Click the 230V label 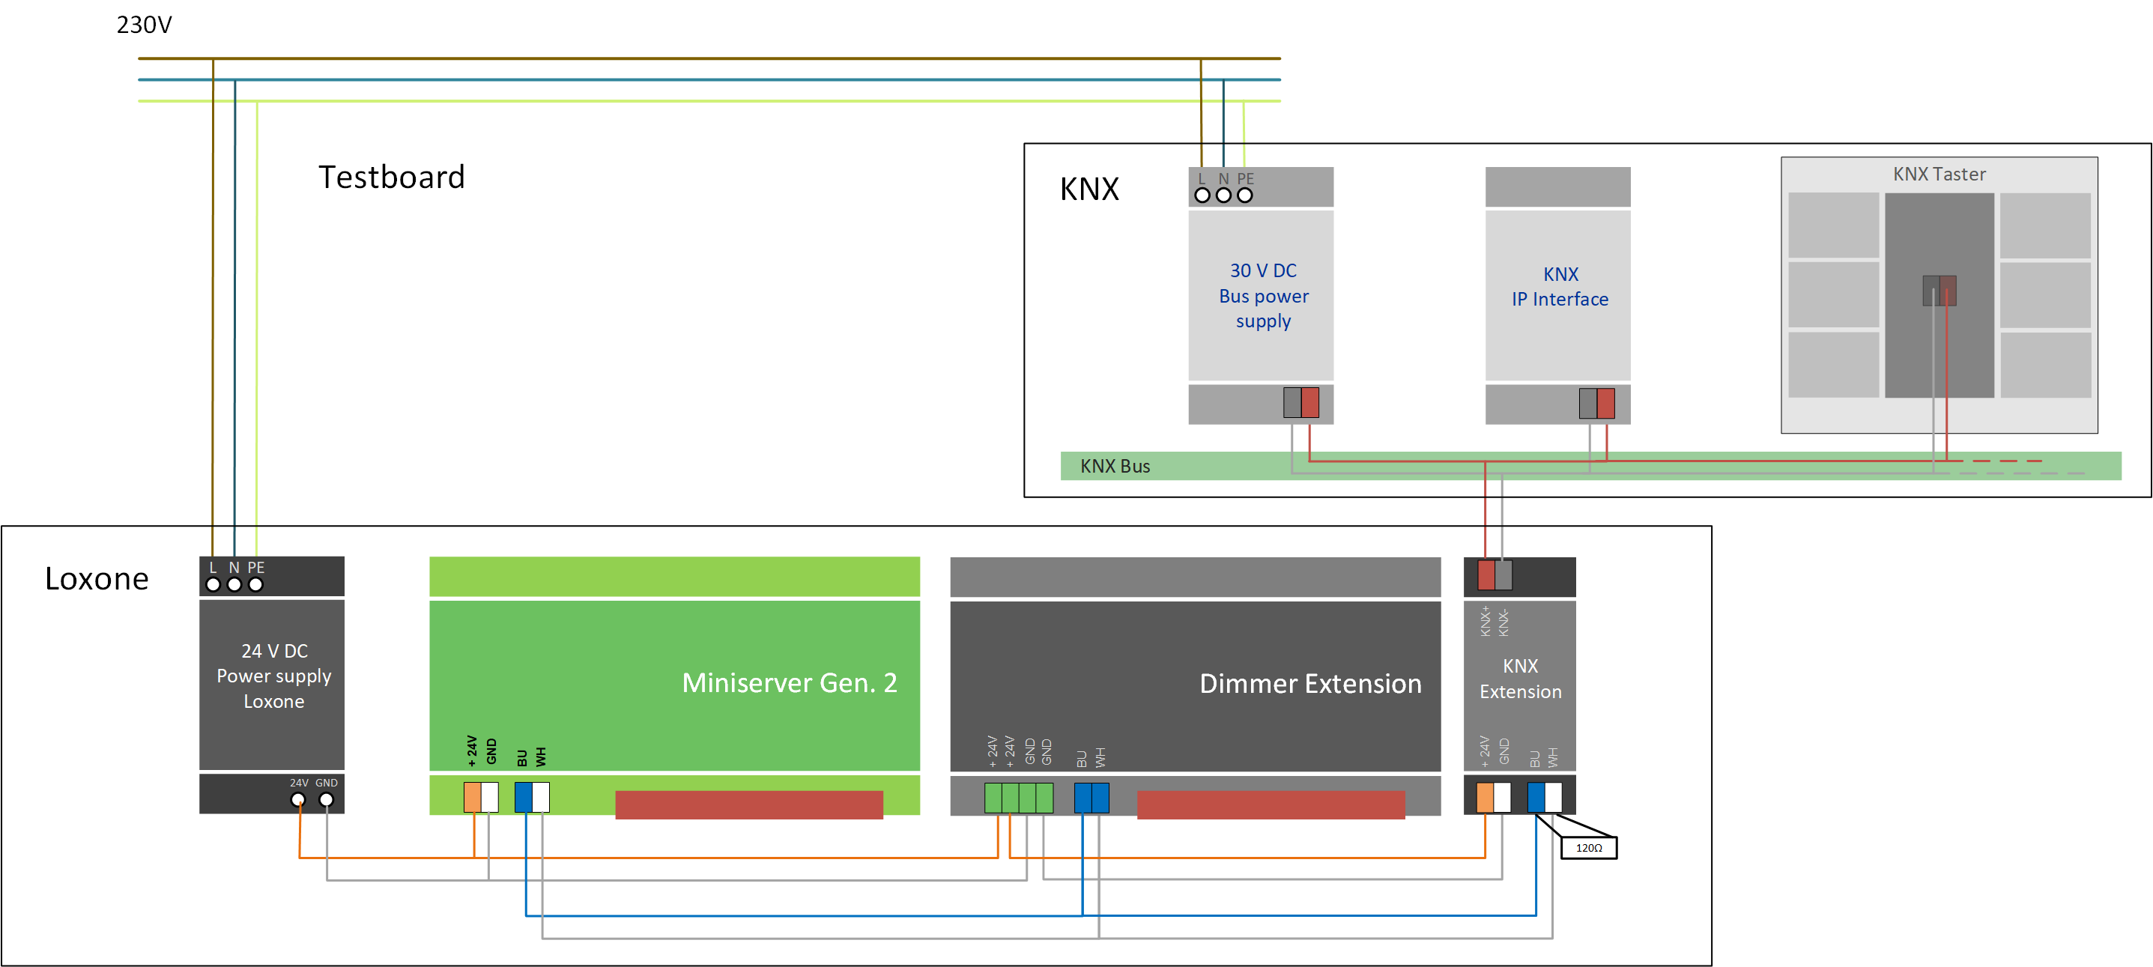[x=144, y=25]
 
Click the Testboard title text [x=391, y=178]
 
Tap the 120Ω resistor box [x=1588, y=847]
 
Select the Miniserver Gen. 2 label [x=789, y=683]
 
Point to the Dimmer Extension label [x=1309, y=684]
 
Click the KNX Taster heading [x=1938, y=174]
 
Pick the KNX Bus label [x=1114, y=467]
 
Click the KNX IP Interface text [x=1560, y=287]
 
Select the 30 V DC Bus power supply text [x=1263, y=296]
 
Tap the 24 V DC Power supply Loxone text [x=273, y=676]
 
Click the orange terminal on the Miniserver [x=472, y=797]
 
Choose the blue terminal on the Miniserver [x=523, y=797]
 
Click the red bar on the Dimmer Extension [x=1271, y=805]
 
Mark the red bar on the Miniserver [x=749, y=805]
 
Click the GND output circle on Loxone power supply [x=327, y=800]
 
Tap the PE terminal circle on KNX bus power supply [x=1244, y=195]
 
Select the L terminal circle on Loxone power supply [x=213, y=585]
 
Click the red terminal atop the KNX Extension [x=1486, y=575]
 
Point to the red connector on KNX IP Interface [x=1605, y=403]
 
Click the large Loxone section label [x=97, y=578]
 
